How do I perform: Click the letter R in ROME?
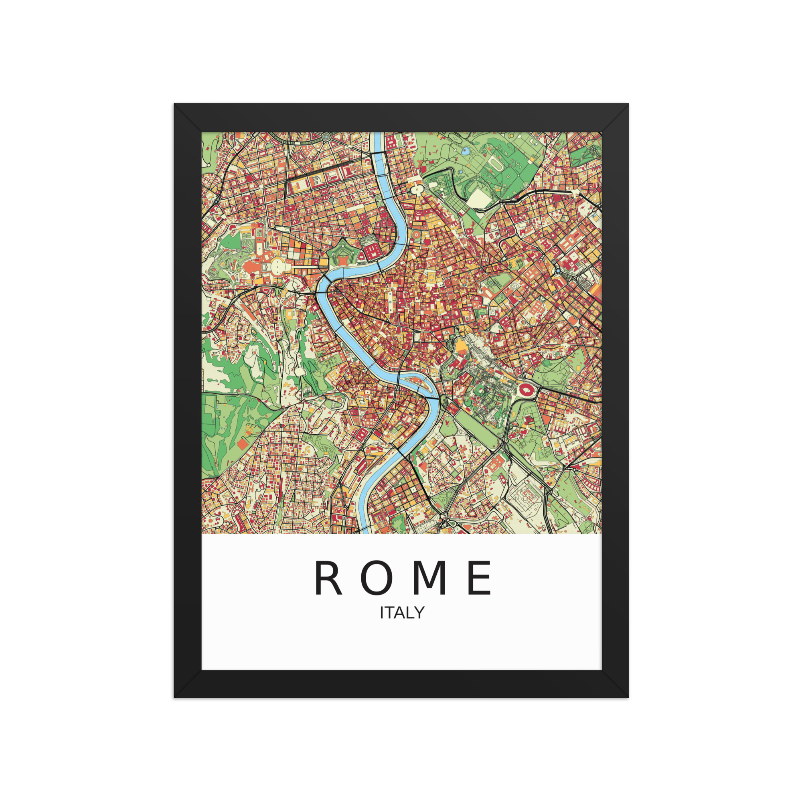[328, 578]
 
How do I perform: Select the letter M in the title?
[430, 578]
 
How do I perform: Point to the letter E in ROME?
[480, 578]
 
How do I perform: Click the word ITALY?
[402, 613]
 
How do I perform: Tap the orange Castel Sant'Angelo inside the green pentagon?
[344, 260]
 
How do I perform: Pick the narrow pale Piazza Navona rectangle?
[390, 301]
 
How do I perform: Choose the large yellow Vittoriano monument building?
[460, 345]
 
